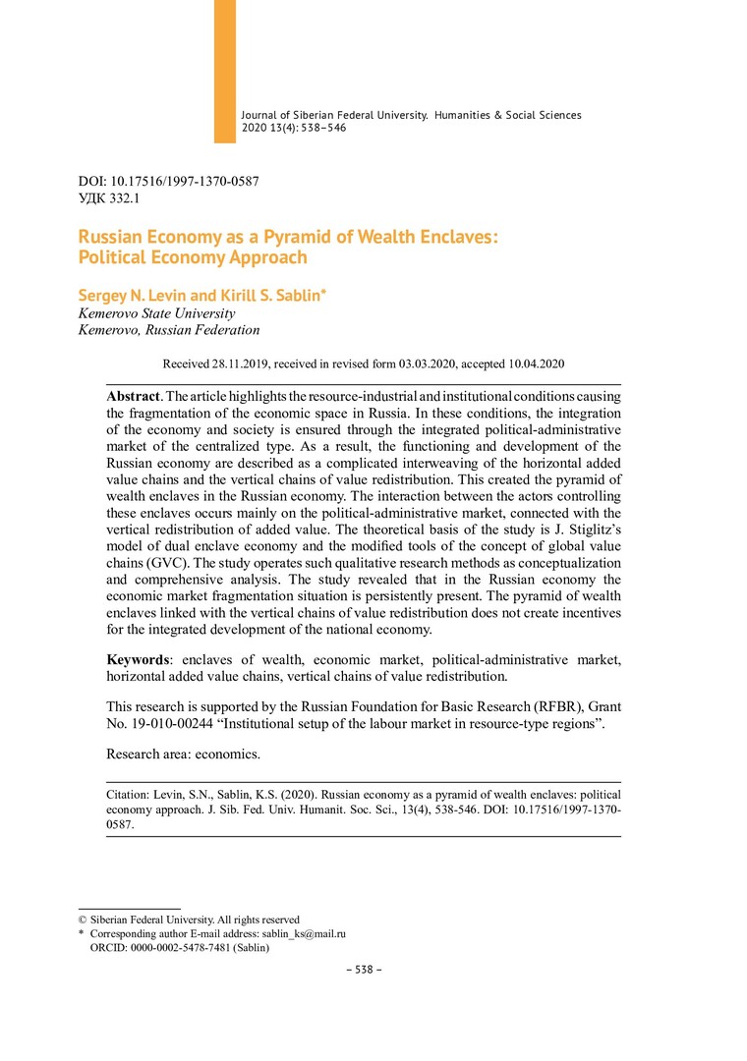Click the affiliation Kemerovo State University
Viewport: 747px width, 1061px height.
[156, 313]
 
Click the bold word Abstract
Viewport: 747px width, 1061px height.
[133, 395]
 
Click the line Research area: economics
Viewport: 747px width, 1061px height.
[184, 754]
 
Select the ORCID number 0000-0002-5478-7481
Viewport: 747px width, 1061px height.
[176, 949]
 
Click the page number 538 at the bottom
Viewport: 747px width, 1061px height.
[364, 970]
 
